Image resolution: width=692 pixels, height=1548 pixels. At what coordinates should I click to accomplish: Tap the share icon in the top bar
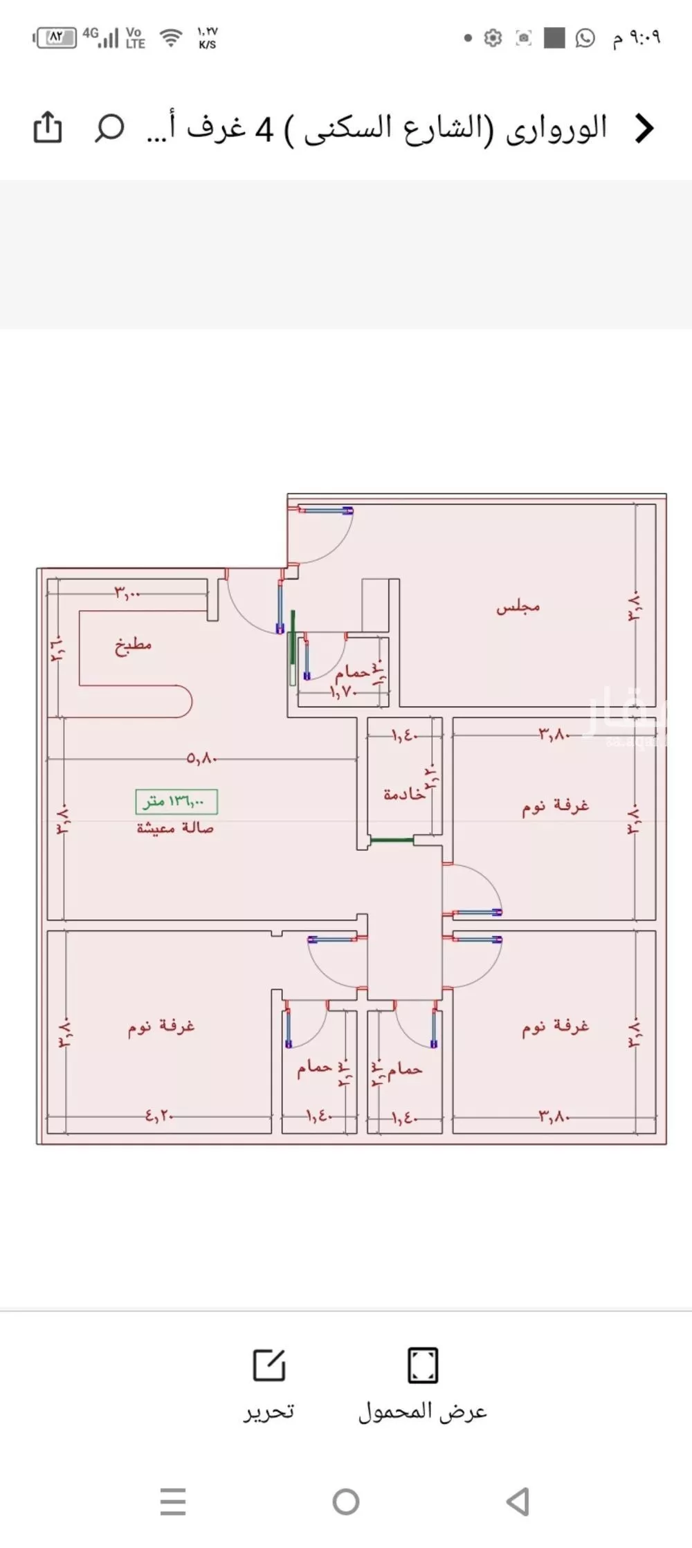[x=48, y=127]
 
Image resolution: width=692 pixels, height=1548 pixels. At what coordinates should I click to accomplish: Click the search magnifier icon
[x=109, y=127]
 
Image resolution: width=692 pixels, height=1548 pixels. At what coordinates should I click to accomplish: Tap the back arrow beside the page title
[x=644, y=129]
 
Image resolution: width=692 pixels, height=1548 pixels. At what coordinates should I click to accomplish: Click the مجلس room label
[x=518, y=607]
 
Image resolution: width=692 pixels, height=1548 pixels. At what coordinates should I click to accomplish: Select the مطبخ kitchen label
[x=133, y=645]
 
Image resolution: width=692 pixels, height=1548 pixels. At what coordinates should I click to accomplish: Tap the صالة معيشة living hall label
[x=175, y=828]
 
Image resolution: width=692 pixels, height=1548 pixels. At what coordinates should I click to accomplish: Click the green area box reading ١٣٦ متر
[x=176, y=802]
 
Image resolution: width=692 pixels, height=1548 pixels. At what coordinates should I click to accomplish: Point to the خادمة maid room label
[x=405, y=794]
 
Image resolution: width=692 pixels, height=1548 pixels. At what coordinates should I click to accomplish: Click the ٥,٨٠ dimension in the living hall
[x=202, y=759]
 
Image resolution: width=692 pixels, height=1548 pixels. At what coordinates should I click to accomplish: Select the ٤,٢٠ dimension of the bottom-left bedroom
[x=159, y=1115]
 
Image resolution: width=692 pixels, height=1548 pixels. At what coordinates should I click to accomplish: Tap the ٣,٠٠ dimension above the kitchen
[x=127, y=593]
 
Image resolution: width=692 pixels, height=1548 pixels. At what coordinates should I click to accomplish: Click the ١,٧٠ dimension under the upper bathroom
[x=342, y=690]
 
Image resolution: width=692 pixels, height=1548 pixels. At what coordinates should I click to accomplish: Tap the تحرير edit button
[x=268, y=1386]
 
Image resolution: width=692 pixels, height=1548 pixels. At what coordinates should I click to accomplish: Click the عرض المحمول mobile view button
[x=422, y=1386]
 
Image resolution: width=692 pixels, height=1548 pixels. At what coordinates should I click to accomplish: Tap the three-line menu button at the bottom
[x=173, y=1502]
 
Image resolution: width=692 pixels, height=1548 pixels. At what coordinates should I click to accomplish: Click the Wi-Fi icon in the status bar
[x=170, y=37]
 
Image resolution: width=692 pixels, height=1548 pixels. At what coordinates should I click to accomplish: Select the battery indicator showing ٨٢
[x=55, y=37]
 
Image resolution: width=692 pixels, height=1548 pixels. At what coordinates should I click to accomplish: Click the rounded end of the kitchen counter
[x=183, y=701]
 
